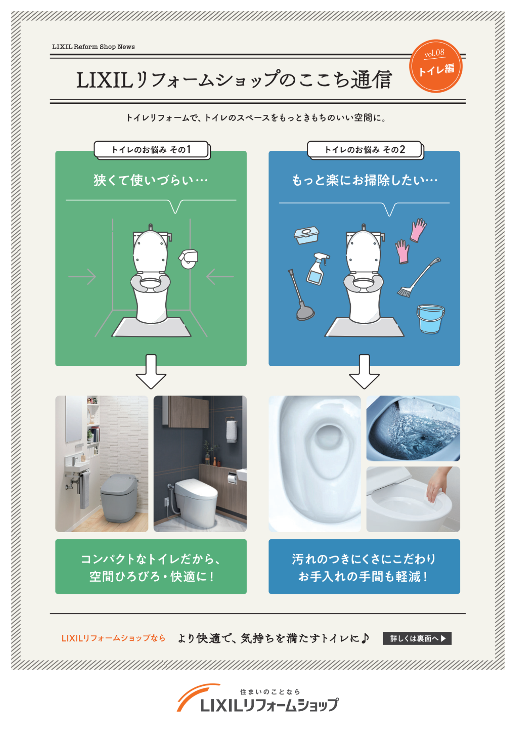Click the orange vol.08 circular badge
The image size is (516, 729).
click(x=436, y=66)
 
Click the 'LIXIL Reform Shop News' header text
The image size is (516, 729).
click(x=94, y=47)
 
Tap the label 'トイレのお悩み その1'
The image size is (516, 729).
click(x=151, y=150)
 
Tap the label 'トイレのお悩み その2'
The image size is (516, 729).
click(x=365, y=150)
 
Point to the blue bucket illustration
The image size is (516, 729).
click(x=430, y=318)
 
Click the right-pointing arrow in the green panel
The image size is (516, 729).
click(x=82, y=276)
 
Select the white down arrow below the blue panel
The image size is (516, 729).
click(x=364, y=372)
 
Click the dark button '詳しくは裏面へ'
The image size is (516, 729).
click(x=417, y=638)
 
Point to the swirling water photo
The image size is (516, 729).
click(x=413, y=429)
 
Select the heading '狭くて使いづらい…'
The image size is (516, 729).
click(x=151, y=181)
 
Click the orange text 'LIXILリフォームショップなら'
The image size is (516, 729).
click(x=113, y=638)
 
